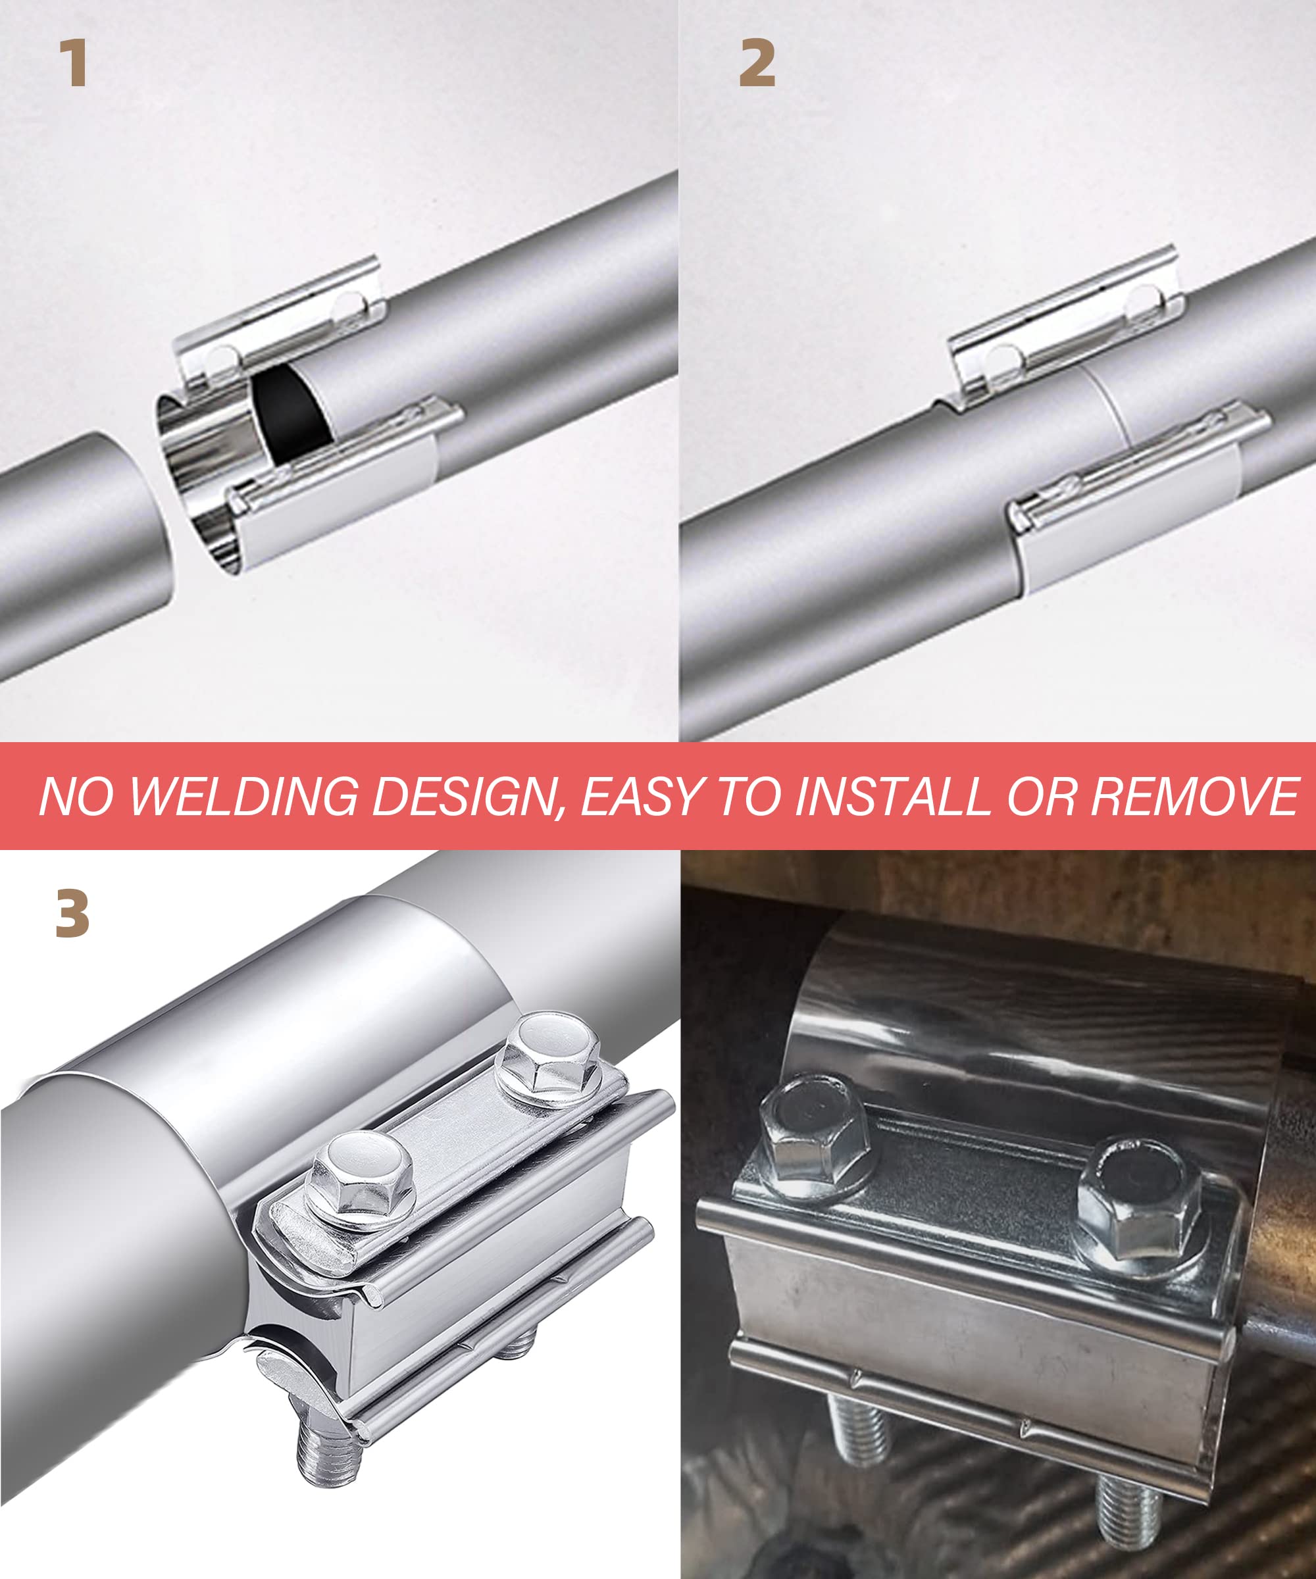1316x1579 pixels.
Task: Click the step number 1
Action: (74, 64)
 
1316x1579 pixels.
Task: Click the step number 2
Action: (757, 64)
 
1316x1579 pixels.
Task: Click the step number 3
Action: (72, 915)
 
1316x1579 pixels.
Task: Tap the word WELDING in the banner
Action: (243, 796)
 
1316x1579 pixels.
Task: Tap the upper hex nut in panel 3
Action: (551, 1057)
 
